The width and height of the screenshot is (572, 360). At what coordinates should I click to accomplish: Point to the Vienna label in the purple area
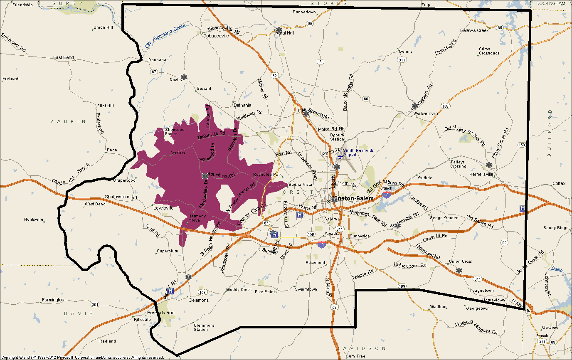[x=178, y=153]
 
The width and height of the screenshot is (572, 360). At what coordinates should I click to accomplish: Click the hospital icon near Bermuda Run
[x=170, y=291]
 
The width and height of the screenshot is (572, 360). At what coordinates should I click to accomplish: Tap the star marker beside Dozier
[x=184, y=77]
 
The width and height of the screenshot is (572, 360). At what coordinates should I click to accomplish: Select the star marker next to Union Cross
[x=459, y=271]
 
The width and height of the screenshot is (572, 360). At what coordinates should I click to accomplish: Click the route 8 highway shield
[x=320, y=62]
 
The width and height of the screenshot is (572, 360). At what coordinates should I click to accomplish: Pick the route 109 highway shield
[x=402, y=286]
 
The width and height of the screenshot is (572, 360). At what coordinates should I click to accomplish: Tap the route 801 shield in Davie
[x=95, y=305]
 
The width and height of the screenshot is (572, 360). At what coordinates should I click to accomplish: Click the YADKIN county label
[x=68, y=121]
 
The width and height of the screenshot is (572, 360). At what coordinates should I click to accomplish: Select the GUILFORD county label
[x=550, y=133]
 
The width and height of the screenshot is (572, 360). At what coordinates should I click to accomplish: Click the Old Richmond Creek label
[x=165, y=37]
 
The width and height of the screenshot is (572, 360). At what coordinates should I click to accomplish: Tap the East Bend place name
[x=63, y=57]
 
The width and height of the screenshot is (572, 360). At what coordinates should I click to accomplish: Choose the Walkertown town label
[x=426, y=113]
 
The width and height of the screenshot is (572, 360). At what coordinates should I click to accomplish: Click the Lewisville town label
[x=163, y=207]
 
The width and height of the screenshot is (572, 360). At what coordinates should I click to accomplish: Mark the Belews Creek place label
[x=474, y=30]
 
